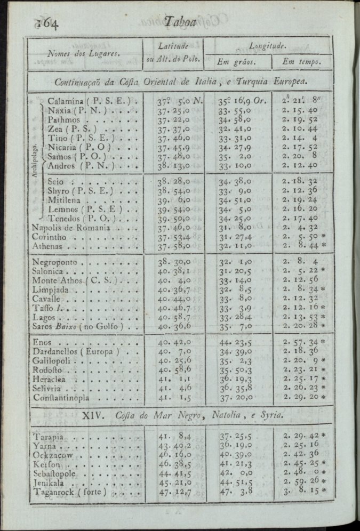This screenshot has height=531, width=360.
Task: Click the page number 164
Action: click(x=47, y=23)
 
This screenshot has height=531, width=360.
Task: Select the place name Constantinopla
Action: click(x=66, y=397)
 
